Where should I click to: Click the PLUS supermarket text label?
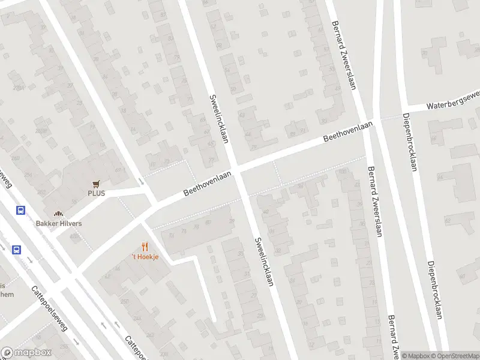tap(96, 193)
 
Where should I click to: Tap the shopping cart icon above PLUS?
tap(96, 184)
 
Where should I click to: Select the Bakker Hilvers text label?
tap(58, 223)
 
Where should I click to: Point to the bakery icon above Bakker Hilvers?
tap(58, 214)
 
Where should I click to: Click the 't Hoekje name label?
tap(145, 257)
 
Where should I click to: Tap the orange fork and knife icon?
tap(145, 247)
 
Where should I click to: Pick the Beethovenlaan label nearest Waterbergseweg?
tap(348, 131)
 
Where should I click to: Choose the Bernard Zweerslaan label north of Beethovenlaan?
tap(344, 56)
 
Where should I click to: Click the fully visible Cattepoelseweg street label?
tap(50, 308)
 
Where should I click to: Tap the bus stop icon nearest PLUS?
tap(20, 211)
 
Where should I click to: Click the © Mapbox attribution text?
tap(416, 356)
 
